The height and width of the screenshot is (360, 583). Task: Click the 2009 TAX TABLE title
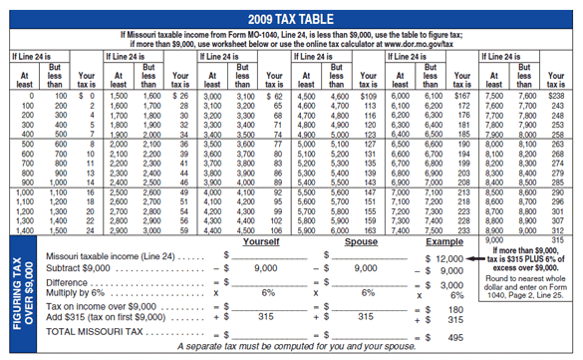pos(290,20)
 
